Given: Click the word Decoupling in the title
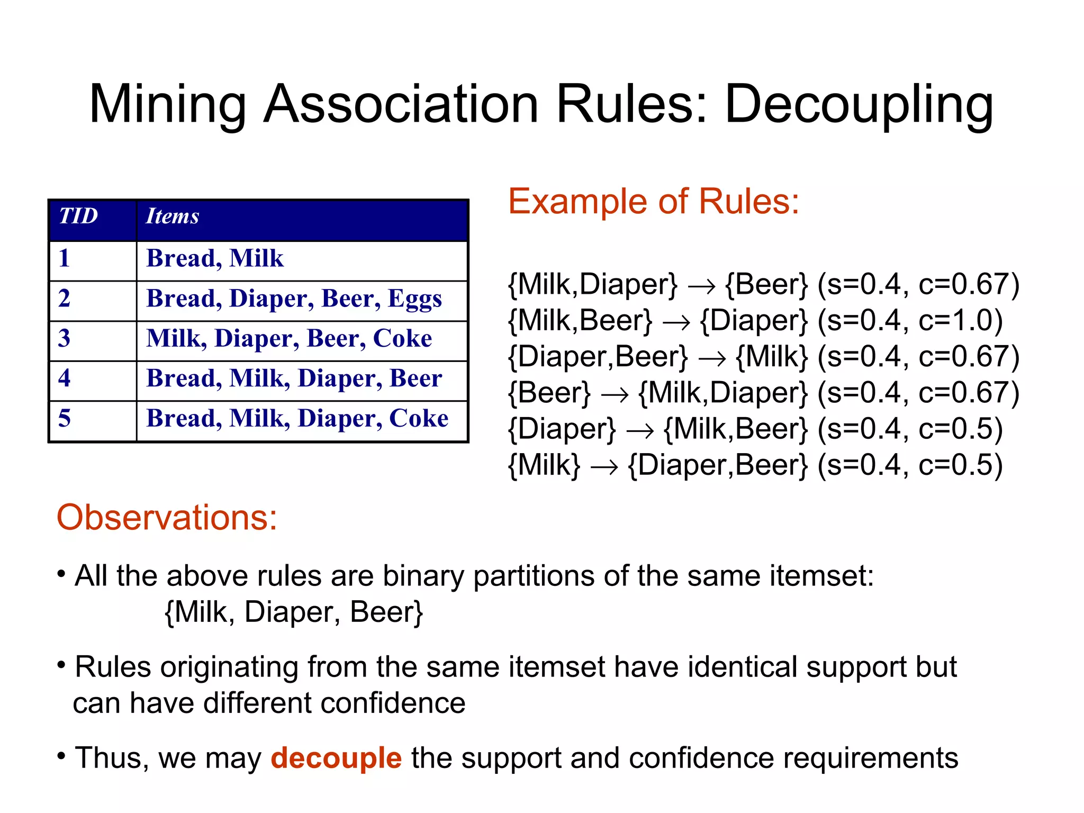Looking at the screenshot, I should click(x=859, y=105).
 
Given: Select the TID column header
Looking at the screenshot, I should click(x=78, y=216).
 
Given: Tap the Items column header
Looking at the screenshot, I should click(x=173, y=216).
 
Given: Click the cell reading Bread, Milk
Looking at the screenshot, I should click(x=215, y=258).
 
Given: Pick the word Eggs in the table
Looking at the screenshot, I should click(x=414, y=299).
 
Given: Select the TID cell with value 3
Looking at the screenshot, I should click(x=65, y=338).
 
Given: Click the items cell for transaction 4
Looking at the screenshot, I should click(x=294, y=378).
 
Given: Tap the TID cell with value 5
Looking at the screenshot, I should click(x=65, y=418).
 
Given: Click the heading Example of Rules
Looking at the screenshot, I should click(x=653, y=202).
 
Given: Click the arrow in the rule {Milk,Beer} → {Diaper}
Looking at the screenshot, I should click(x=676, y=322).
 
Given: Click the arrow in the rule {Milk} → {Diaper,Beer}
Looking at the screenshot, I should click(x=604, y=467).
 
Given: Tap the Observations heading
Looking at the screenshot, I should click(x=167, y=517).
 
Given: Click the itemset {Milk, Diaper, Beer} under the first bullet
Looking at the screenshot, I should click(x=294, y=612).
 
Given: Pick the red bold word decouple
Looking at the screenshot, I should click(x=336, y=757).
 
